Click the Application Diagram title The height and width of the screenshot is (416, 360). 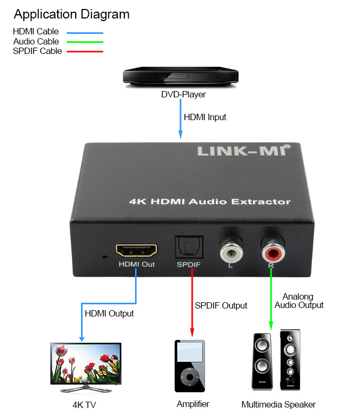(71, 15)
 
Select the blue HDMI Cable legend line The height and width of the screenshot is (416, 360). (85, 33)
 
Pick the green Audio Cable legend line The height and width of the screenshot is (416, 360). (85, 42)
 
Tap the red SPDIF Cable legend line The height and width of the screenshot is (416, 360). (85, 51)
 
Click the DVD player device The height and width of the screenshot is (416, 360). (181, 77)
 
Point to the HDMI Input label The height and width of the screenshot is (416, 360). (205, 117)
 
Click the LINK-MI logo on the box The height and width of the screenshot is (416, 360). (244, 150)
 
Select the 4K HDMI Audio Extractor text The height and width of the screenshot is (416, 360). (210, 201)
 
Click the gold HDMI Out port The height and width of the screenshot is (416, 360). (137, 250)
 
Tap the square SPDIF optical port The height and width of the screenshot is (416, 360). (189, 247)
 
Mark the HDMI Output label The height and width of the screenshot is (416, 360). (109, 314)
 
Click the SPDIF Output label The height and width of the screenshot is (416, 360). (221, 305)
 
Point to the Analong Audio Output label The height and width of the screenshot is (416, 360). (299, 301)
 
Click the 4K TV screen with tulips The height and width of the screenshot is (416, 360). (86, 364)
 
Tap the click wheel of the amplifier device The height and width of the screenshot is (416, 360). (190, 377)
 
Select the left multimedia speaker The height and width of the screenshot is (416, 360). (262, 362)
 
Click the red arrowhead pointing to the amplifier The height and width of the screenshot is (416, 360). (192, 332)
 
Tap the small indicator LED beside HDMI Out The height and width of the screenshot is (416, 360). (105, 257)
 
